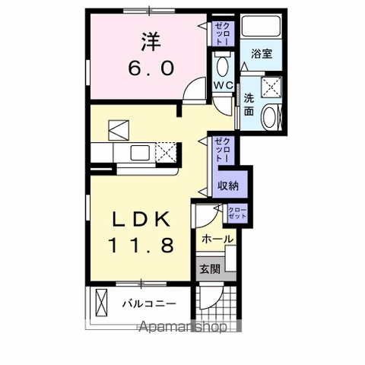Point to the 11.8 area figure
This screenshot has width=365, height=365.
coord(142,245)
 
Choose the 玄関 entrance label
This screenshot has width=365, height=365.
coord(211,268)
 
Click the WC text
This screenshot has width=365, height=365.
coord(223,84)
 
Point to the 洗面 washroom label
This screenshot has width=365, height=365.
coord(249,103)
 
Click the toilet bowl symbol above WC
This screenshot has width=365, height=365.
coord(222,62)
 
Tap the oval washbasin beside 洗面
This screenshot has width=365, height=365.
coord(270,117)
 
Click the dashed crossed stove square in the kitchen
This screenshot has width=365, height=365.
coord(166,152)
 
